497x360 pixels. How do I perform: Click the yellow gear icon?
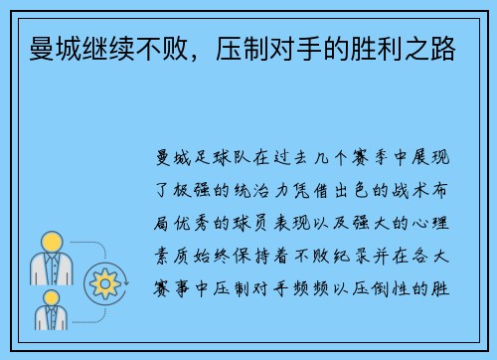104,284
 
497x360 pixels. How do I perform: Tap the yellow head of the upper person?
51,242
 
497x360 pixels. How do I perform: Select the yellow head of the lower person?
50,298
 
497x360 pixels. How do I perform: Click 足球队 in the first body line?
224,158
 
